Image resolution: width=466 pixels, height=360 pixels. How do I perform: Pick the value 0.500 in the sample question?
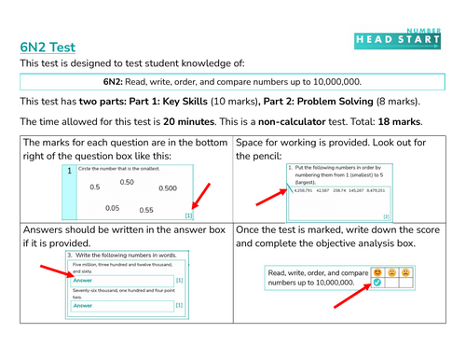(168, 187)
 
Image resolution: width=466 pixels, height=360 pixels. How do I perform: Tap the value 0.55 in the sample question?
(145, 210)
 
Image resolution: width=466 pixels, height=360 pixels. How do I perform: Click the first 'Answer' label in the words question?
(83, 280)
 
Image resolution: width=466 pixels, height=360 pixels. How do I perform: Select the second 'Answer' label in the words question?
(83, 305)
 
